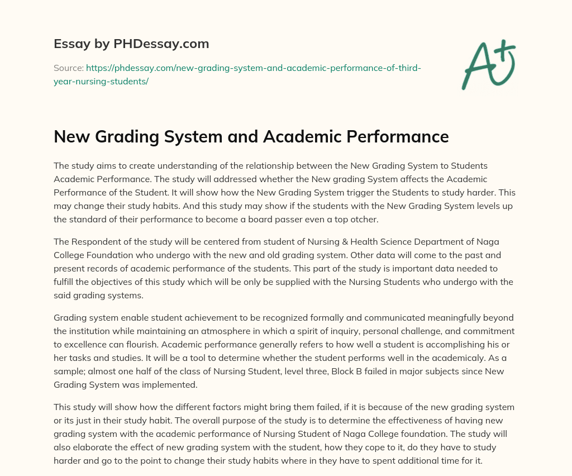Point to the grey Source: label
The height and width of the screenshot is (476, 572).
tap(68, 68)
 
